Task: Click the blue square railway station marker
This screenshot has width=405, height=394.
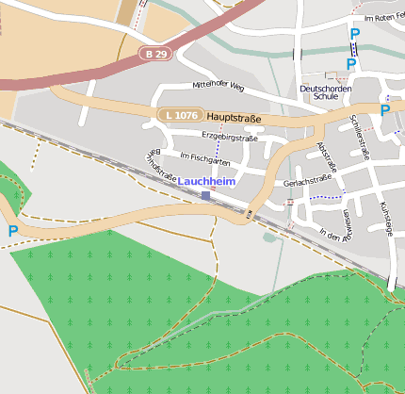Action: pos(205,195)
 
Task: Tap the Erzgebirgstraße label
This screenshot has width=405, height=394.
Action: pos(229,138)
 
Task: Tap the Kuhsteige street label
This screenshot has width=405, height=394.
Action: pos(384,218)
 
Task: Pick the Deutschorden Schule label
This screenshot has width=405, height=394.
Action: pos(318,92)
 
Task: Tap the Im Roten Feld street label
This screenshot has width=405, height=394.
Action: pos(382,18)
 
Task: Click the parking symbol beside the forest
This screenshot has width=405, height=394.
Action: pos(13,231)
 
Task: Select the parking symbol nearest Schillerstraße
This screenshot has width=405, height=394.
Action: pos(385,109)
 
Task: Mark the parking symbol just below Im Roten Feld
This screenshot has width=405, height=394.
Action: pos(355,34)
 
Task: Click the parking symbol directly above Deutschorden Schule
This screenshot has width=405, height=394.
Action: pos(350,64)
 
